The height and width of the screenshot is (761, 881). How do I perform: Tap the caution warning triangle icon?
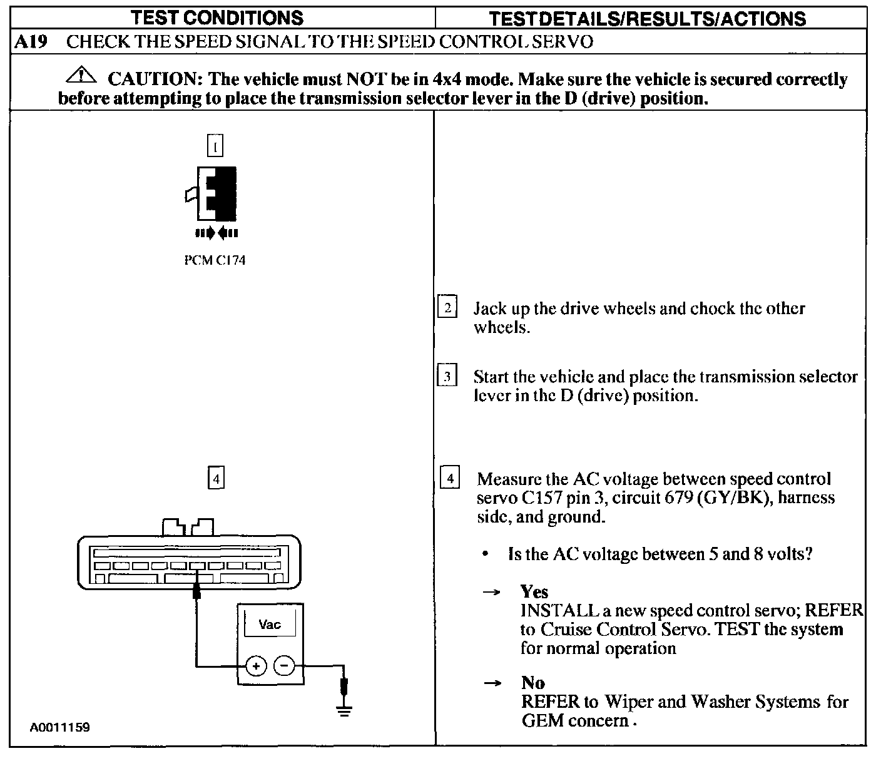[x=82, y=76]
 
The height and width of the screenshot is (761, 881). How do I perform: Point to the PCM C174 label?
[x=215, y=260]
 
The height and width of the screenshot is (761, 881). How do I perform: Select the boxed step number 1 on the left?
[x=215, y=146]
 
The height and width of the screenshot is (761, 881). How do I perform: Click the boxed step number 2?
[x=447, y=308]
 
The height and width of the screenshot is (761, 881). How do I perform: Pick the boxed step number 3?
[x=447, y=377]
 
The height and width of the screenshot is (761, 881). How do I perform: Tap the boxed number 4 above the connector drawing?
[x=215, y=479]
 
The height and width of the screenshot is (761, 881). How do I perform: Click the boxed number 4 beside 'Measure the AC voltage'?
[x=451, y=479]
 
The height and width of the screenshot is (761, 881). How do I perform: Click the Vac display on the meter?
[x=270, y=625]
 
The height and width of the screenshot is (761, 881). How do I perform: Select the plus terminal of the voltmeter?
[x=255, y=666]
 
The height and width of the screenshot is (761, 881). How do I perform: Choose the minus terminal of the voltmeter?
[x=285, y=665]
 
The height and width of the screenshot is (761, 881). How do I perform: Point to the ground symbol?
[x=344, y=708]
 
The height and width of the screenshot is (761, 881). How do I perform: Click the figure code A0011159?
[x=60, y=727]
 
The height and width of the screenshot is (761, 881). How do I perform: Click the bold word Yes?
[x=534, y=591]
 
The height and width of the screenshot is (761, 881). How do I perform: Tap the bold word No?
[x=532, y=682]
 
